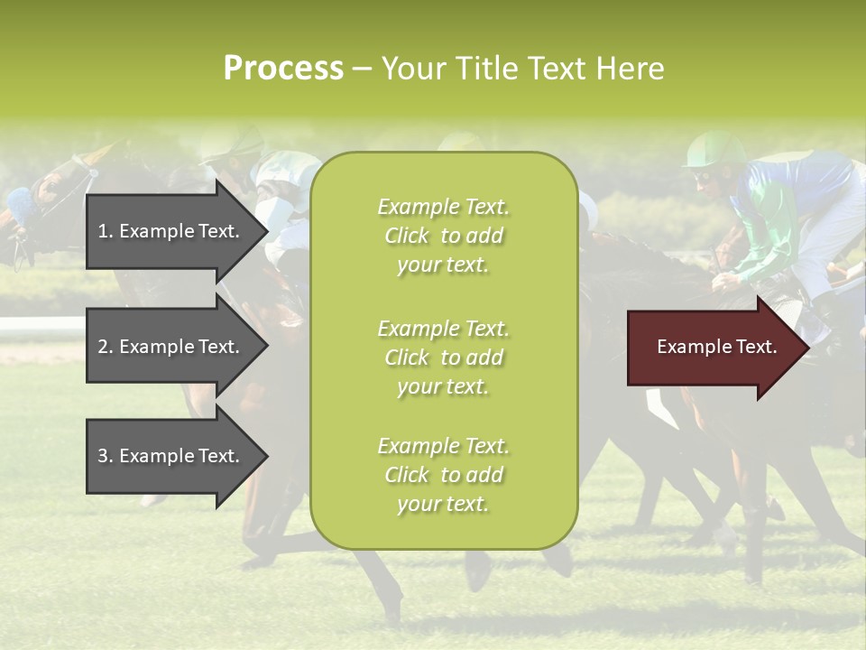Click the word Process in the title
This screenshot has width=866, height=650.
(x=283, y=69)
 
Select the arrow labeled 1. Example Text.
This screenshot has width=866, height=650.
(x=171, y=231)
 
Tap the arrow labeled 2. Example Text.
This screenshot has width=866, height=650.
(x=171, y=347)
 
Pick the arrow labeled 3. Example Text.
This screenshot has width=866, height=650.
(x=171, y=456)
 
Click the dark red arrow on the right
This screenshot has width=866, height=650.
(x=713, y=348)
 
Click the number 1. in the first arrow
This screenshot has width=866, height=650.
(x=106, y=231)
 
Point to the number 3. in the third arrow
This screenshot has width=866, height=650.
(x=106, y=456)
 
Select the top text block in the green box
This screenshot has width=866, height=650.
(x=443, y=236)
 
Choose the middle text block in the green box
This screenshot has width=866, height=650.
(x=443, y=357)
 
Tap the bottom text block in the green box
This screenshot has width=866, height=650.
(x=443, y=475)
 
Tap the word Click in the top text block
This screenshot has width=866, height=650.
(x=406, y=237)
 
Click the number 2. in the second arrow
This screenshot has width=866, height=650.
(x=106, y=347)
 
